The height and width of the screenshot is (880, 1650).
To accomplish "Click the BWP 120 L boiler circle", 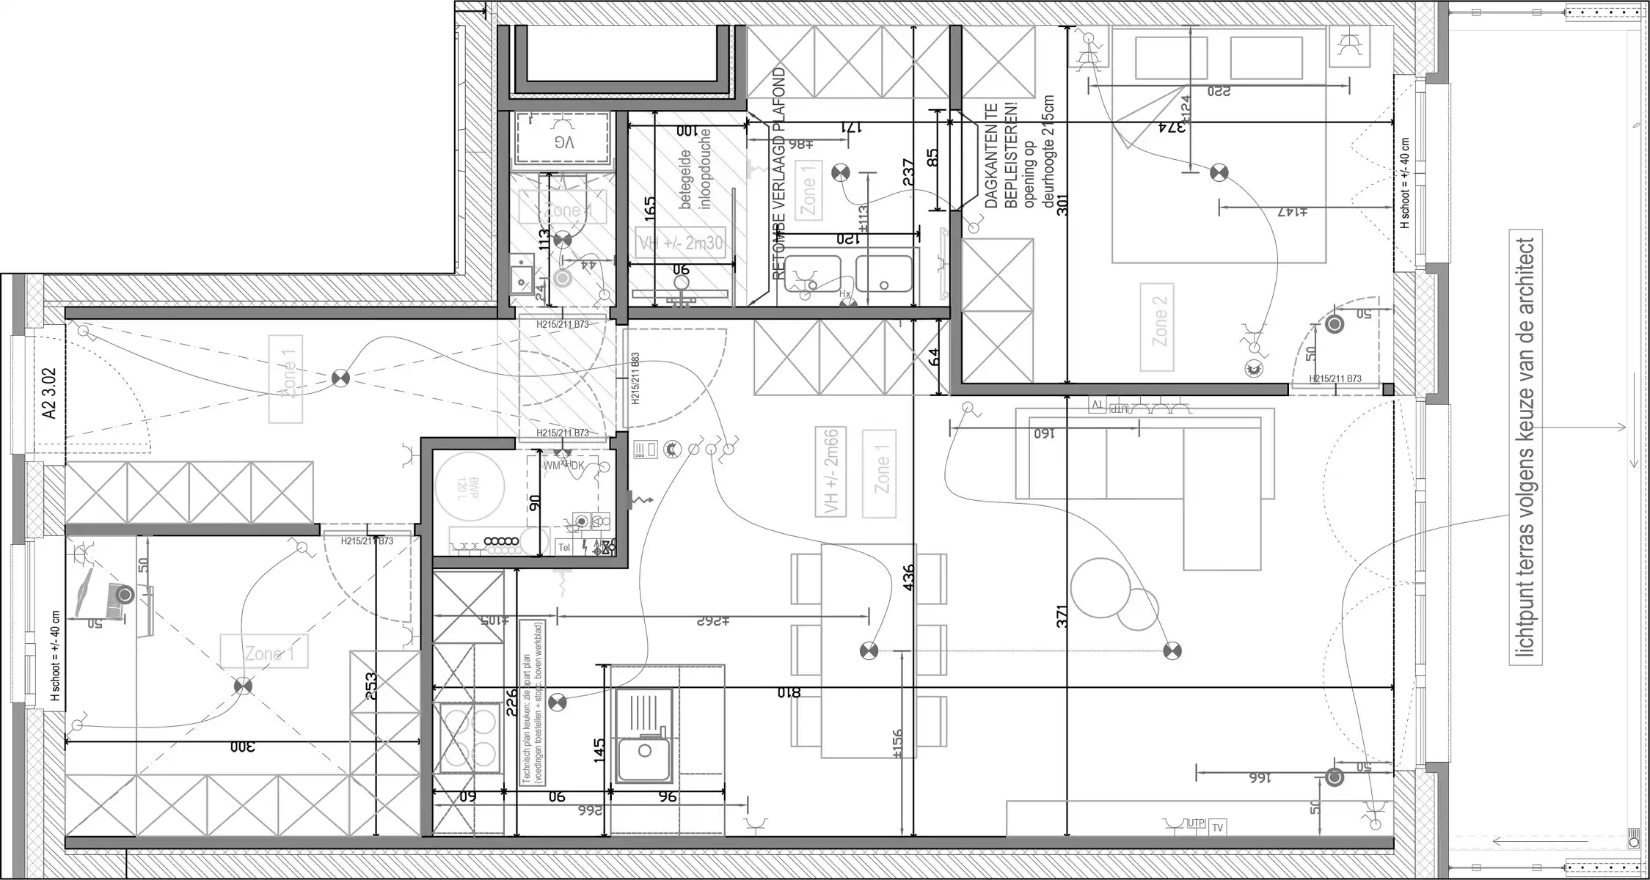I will (x=470, y=486).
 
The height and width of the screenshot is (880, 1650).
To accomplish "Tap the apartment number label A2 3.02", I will (x=50, y=393).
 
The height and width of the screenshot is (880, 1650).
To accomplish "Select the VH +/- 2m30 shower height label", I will (x=682, y=242).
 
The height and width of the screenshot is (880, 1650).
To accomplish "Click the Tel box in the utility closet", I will (x=564, y=547).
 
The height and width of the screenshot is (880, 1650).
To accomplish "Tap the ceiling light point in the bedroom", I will (x=1219, y=173).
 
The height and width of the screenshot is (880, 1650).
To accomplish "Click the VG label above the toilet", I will (x=563, y=142).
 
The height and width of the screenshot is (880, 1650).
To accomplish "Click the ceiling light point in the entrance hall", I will (x=339, y=378).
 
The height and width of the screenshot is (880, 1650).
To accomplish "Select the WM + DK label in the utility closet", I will (x=563, y=466).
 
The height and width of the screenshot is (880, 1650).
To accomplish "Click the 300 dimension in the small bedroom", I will (x=242, y=747).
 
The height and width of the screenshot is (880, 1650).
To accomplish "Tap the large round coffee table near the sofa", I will (x=1100, y=587).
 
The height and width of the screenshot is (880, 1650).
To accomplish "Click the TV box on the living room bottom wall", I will (x=1217, y=827).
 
